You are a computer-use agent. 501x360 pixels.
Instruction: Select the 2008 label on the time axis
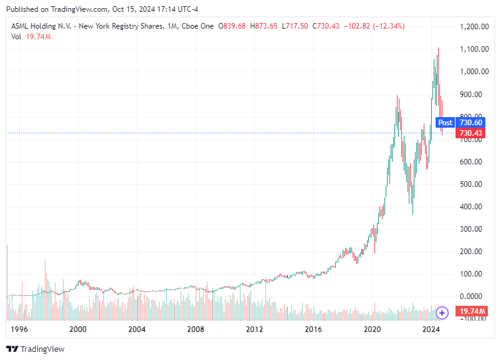point(196,328)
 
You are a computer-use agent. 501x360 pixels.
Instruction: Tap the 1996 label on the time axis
point(19,328)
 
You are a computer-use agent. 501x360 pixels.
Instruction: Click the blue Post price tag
point(445,123)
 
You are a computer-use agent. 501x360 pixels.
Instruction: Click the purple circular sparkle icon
point(442,313)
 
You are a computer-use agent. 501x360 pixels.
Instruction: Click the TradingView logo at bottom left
point(36,349)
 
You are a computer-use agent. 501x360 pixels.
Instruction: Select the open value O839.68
point(231,26)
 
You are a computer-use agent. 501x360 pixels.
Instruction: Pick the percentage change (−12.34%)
point(386,26)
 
